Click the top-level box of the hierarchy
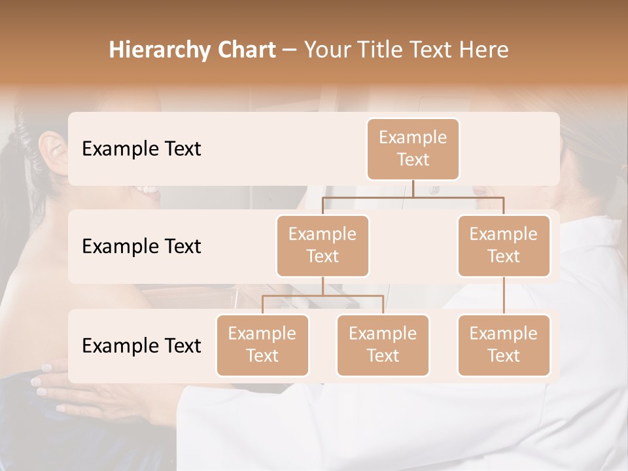(413, 148)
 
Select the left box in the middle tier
(323, 245)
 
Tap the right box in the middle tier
(504, 245)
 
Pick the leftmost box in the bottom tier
(262, 345)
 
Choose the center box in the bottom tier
(383, 345)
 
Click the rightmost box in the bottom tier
(504, 345)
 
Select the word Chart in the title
(244, 50)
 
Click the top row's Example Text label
(141, 149)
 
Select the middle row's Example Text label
(141, 247)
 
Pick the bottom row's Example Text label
(141, 346)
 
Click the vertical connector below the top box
(413, 188)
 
